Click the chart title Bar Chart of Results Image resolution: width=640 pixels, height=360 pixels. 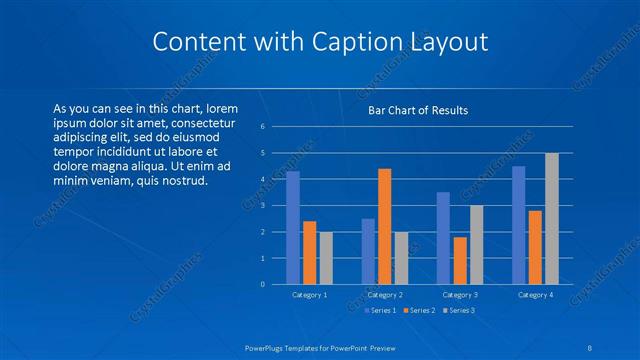(418, 110)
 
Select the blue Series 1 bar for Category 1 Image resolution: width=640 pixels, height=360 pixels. (293, 228)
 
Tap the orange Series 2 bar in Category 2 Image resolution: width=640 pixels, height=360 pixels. (385, 227)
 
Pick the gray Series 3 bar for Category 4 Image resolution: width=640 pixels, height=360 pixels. (551, 219)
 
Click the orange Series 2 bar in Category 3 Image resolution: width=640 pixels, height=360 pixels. (460, 261)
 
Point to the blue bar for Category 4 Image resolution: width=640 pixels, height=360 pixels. (519, 225)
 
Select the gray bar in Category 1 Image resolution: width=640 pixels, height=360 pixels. (326, 258)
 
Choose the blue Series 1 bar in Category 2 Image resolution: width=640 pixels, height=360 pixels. (368, 251)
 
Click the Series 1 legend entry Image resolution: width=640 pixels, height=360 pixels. (383, 310)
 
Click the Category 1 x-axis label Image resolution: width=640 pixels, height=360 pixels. (309, 295)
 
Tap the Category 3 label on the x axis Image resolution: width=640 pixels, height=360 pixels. (459, 295)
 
